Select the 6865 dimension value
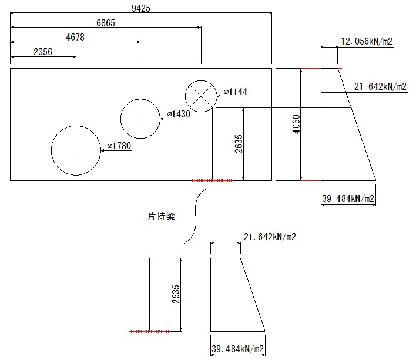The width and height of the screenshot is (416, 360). click(x=106, y=23)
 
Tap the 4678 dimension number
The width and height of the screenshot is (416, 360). click(x=75, y=38)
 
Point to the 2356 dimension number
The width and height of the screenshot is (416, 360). click(x=43, y=52)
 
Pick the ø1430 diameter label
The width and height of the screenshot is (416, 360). click(x=179, y=114)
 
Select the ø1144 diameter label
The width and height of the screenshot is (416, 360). click(x=236, y=92)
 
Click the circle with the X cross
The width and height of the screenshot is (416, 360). click(x=201, y=96)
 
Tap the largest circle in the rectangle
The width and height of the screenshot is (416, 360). click(x=76, y=150)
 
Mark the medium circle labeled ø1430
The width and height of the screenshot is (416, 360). click(x=140, y=119)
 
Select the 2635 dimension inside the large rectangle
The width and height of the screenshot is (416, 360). click(x=238, y=143)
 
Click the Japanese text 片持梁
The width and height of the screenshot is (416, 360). click(x=161, y=217)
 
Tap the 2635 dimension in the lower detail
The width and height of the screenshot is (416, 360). click(x=176, y=294)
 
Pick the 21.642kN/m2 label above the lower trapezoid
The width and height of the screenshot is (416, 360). click(x=269, y=237)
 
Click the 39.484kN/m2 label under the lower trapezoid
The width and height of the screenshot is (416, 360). click(x=237, y=349)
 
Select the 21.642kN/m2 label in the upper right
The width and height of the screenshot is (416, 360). click(x=380, y=87)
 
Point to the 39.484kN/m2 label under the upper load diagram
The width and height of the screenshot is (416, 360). click(x=348, y=198)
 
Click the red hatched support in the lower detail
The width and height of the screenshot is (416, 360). click(x=149, y=331)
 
